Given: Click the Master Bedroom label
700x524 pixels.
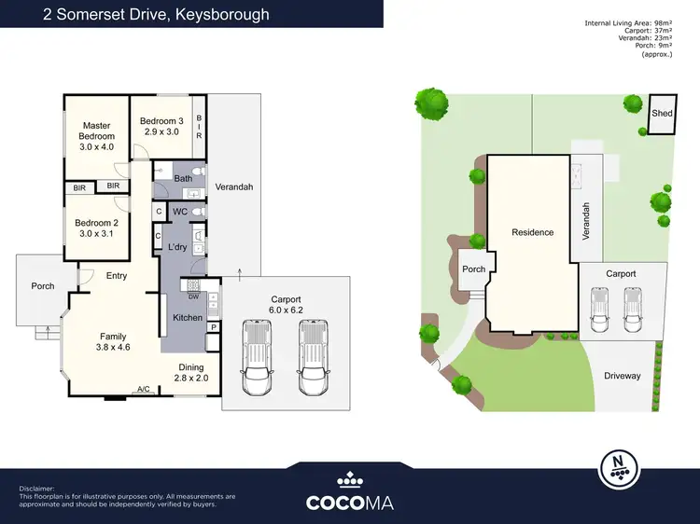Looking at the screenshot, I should [x=96, y=136].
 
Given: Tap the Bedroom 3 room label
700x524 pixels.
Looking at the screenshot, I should [x=161, y=127].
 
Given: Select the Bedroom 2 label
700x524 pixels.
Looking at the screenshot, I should [x=96, y=228].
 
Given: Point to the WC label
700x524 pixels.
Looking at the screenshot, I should [x=181, y=213].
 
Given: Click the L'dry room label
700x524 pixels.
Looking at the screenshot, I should [x=178, y=246].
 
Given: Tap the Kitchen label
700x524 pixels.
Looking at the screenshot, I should [x=187, y=318].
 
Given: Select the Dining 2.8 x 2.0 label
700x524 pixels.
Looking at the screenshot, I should [x=193, y=373].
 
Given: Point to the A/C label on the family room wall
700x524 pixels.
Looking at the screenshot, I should [x=144, y=390].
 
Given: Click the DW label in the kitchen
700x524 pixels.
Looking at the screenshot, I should [x=193, y=296].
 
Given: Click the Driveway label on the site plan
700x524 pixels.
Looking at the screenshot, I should [x=623, y=376].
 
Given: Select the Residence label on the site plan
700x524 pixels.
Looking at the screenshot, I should [x=532, y=232].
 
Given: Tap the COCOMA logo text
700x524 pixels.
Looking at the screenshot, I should [x=350, y=502].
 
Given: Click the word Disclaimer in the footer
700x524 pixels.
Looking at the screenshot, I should [x=37, y=489].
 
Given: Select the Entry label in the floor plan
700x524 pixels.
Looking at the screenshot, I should [x=117, y=275].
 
